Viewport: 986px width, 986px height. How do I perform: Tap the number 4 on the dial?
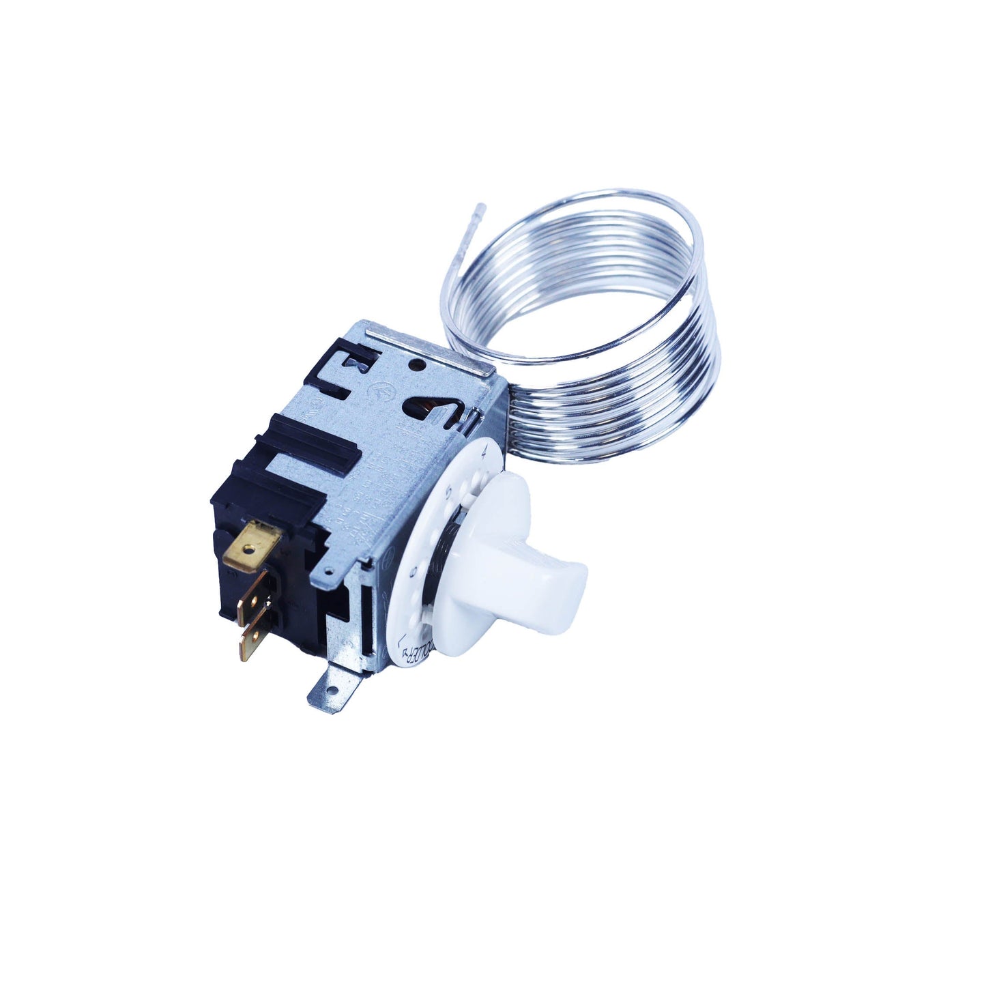pyautogui.click(x=483, y=451)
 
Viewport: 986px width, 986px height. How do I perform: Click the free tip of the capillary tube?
pyautogui.click(x=482, y=205)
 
